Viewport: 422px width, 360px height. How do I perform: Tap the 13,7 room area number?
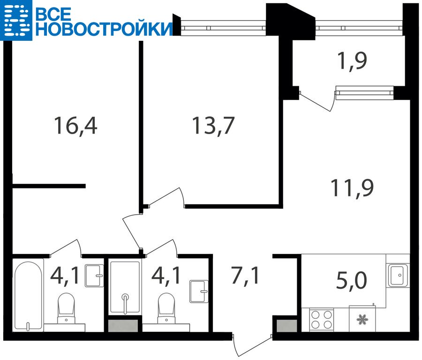213,126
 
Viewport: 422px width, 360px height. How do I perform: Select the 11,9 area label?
352,188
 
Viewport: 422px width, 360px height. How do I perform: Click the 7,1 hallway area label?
245,275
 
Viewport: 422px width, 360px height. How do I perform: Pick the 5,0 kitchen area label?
352,280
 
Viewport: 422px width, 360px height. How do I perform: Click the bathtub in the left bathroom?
28,295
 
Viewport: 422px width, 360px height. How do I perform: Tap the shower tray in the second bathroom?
125,287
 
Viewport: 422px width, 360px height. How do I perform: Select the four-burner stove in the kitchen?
321,320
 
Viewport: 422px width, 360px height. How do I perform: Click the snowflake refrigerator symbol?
362,320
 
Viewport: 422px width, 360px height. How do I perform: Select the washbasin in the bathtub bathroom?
94,276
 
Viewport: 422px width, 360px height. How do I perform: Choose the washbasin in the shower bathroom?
199,292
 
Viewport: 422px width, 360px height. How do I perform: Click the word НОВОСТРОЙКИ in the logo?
104,29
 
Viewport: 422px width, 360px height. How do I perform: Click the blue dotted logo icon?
16,20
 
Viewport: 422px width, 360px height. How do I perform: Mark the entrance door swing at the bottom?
252,347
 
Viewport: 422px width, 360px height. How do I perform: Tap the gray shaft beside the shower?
123,326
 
